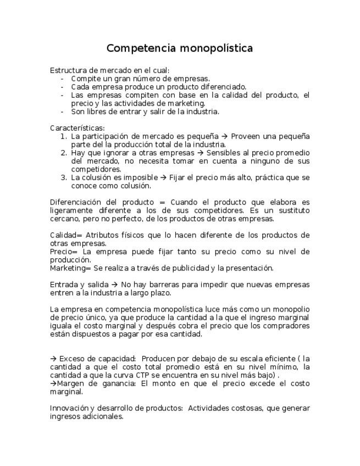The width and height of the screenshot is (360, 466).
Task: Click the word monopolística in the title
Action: click(216, 49)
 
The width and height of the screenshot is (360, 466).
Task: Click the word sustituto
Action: click(293, 210)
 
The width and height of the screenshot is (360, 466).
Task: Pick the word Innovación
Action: click(69, 408)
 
